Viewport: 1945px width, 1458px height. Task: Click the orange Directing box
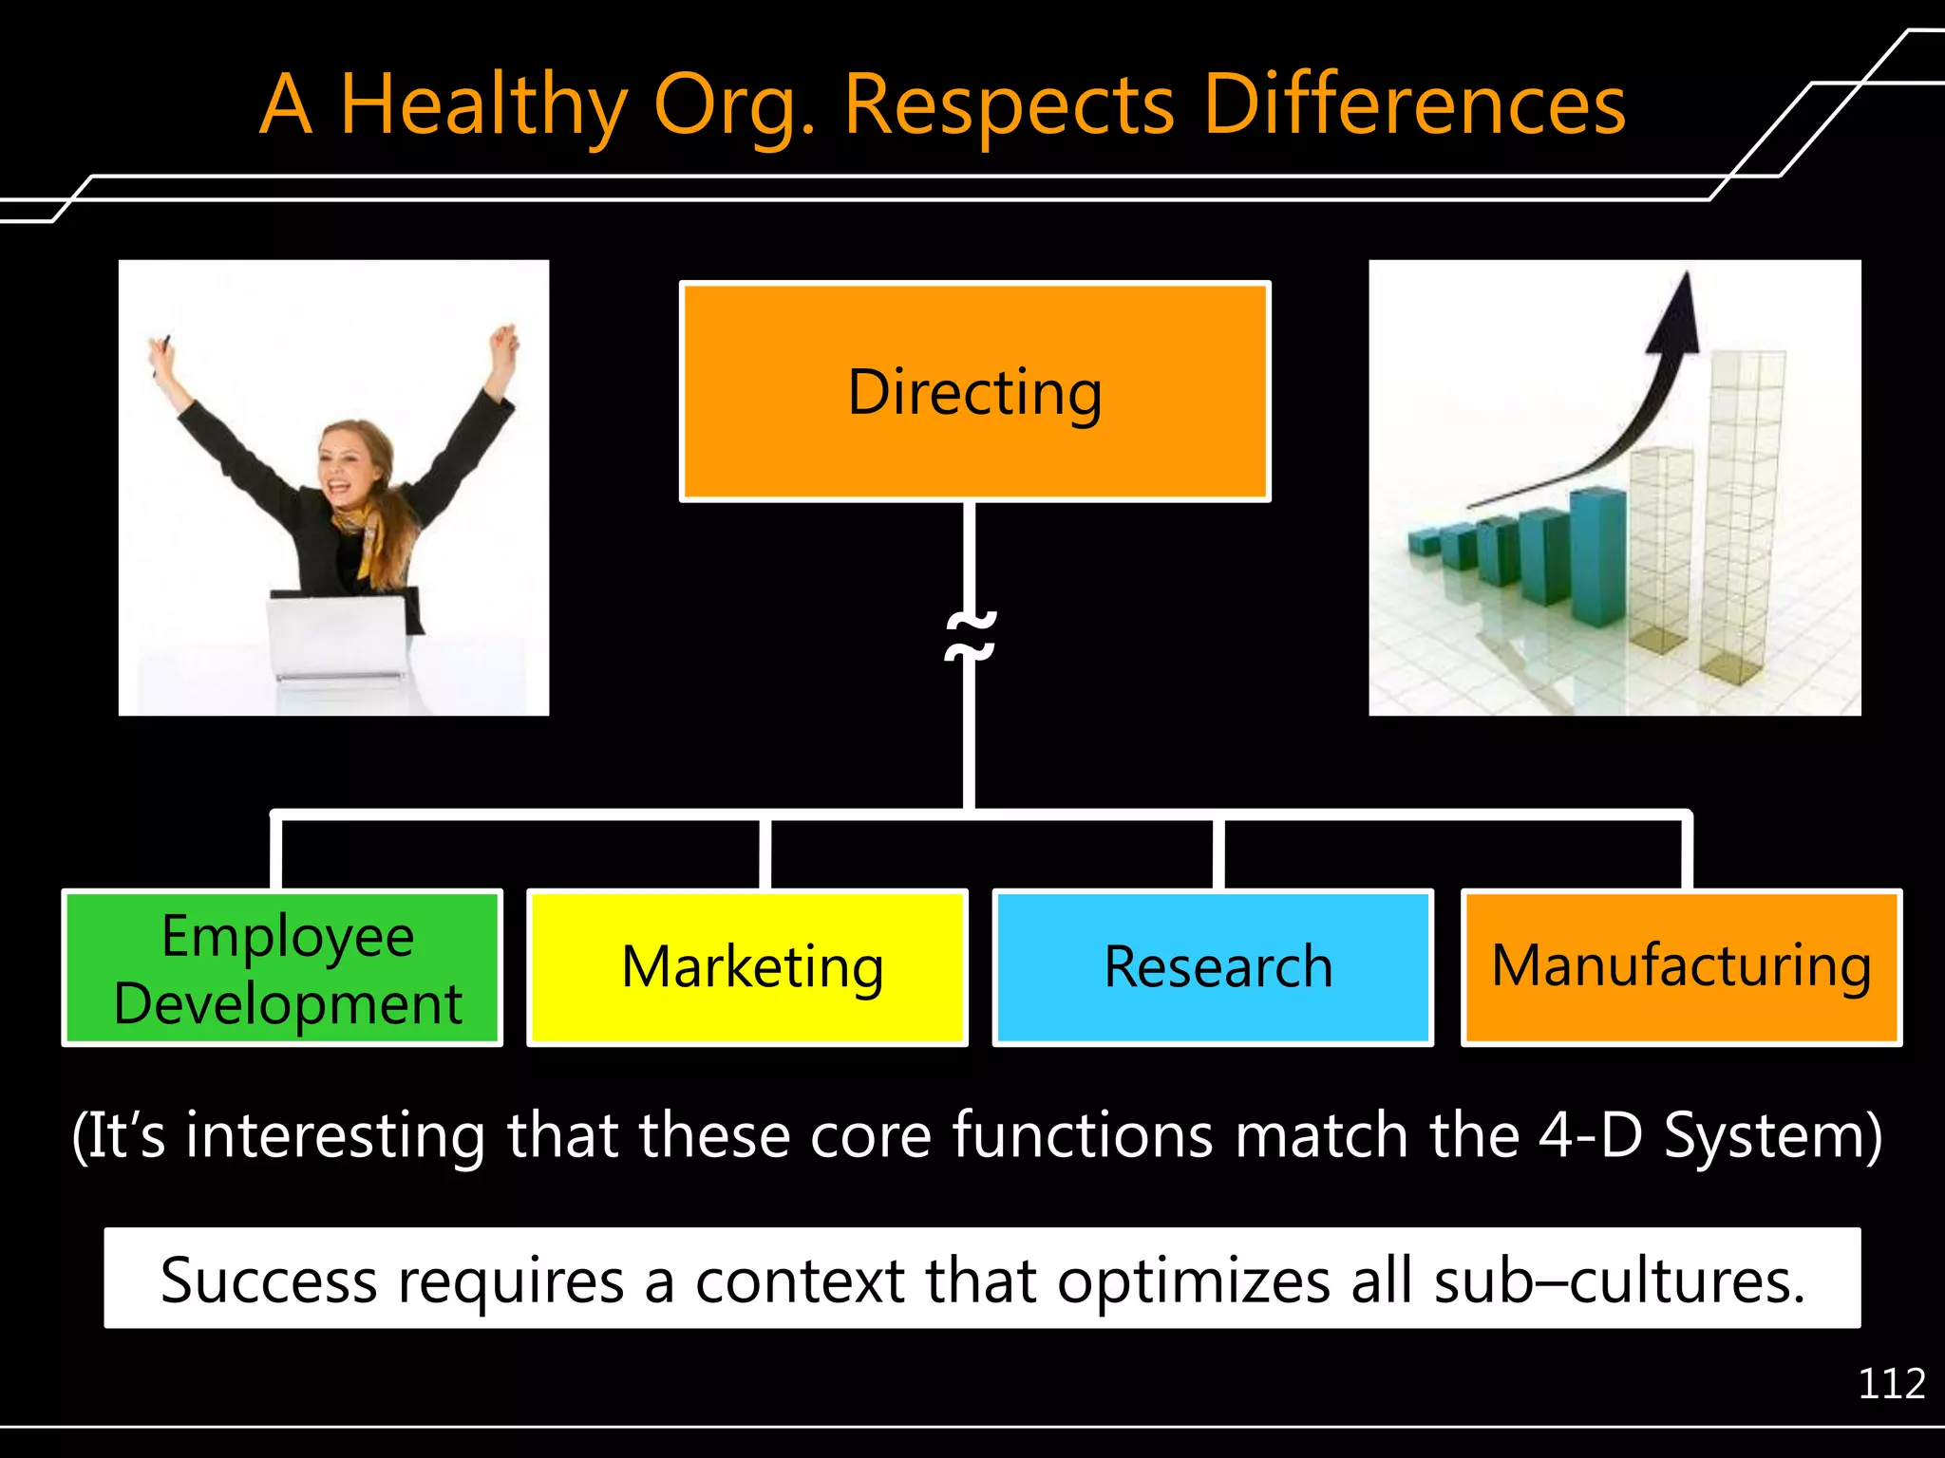pos(975,392)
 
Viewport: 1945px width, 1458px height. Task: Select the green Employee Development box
pos(282,968)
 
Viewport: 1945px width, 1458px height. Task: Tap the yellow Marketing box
pos(748,968)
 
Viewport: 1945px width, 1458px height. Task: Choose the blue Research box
pos(1213,968)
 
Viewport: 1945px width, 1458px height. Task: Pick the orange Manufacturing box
pos(1681,968)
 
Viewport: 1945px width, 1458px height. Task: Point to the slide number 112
pos(1891,1384)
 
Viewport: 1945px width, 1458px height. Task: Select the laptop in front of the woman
pos(337,636)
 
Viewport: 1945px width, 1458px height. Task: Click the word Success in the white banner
pos(269,1280)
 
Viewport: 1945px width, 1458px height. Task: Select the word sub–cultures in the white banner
pos(1618,1280)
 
